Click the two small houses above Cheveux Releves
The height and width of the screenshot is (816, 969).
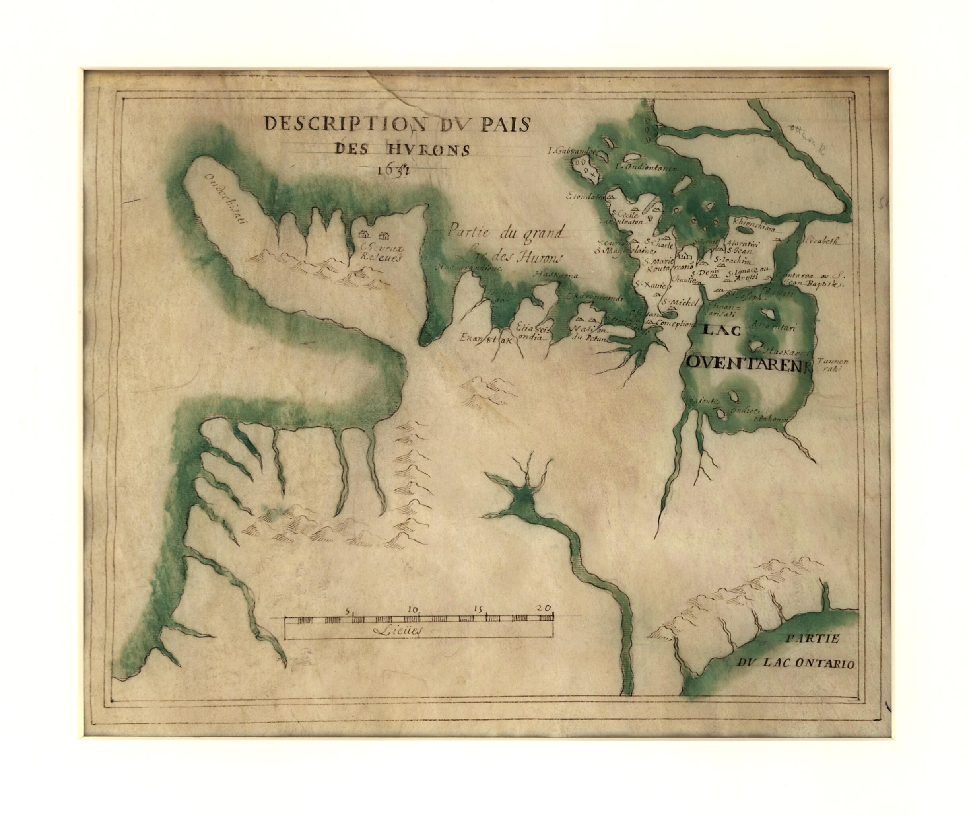(x=373, y=236)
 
